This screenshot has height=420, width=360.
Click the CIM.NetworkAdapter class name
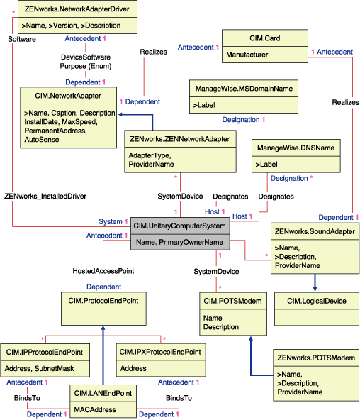(x=68, y=95)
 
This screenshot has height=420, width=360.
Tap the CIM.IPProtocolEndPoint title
(x=43, y=352)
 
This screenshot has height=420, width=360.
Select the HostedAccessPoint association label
(x=103, y=271)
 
